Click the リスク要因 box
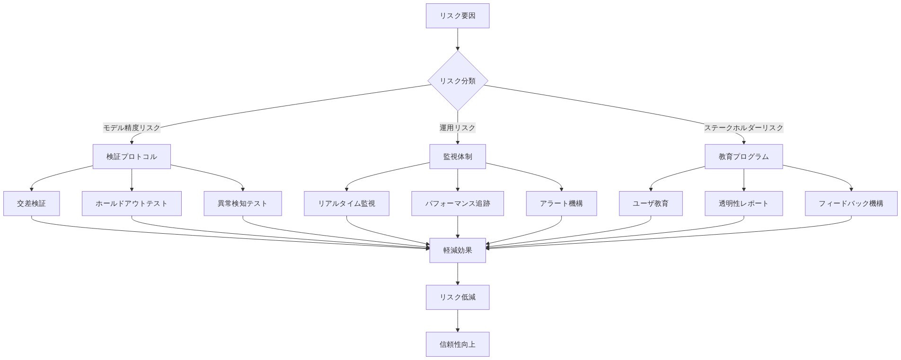point(457,16)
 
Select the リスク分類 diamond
point(457,81)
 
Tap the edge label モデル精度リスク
point(132,128)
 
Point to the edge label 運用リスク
point(457,128)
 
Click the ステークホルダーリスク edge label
point(743,128)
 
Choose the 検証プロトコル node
point(132,157)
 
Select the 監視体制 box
point(457,157)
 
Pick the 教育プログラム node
point(743,157)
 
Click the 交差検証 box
point(31,203)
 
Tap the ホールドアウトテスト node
point(132,203)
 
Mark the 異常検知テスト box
point(242,203)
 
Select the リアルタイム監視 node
point(346,203)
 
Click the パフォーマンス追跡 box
point(457,203)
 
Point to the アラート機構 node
point(561,203)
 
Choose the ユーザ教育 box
point(651,203)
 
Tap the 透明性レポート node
point(743,203)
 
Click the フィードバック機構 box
point(851,203)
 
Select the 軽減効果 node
point(457,250)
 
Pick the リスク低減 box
point(457,297)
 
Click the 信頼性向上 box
point(457,344)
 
